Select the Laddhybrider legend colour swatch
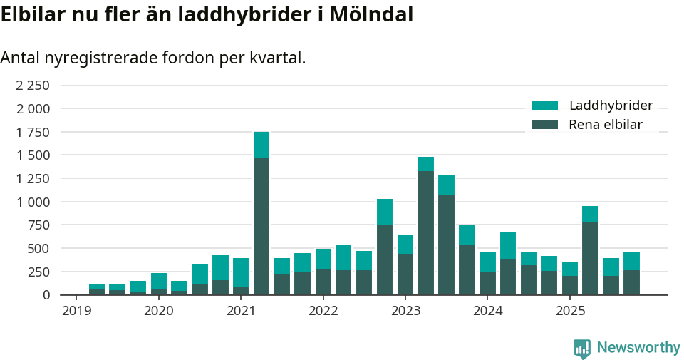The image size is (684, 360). coord(545,106)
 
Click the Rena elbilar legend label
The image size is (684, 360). coord(605,125)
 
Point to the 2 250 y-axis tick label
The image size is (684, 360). coord(33,86)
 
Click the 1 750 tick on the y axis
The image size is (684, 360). coord(33,133)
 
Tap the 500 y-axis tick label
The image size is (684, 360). coord(39,249)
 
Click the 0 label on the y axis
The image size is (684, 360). coord(47,295)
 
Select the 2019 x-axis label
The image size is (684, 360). coord(76,311)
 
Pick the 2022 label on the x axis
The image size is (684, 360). coord(323,311)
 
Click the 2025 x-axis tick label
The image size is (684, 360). coord(570,311)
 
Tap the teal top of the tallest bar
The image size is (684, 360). coord(261,145)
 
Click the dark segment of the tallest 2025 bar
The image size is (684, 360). coord(590,258)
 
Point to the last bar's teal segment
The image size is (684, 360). coord(631,261)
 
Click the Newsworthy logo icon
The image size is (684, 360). coord(582,348)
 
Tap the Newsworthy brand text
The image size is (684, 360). coord(638,348)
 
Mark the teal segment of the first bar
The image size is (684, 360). coord(97,287)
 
